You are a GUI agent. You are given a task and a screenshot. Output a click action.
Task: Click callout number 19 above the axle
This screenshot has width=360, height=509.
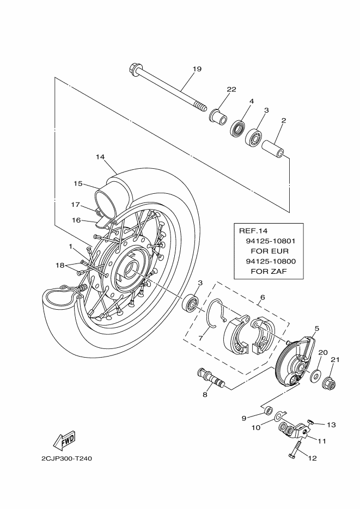(197, 69)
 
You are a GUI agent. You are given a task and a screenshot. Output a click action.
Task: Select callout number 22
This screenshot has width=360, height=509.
(231, 90)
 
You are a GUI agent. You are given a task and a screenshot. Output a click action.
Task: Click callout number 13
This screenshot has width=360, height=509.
(331, 424)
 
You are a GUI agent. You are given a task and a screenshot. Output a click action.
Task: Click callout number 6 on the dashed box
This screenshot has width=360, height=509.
(262, 297)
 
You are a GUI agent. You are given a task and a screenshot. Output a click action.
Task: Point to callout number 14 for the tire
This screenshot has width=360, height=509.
(100, 157)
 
